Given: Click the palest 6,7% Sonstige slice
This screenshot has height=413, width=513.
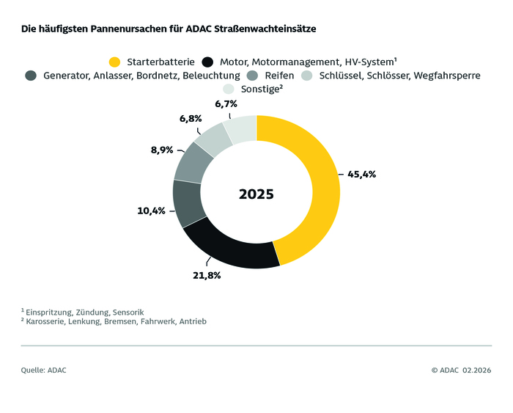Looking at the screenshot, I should pos(241,128).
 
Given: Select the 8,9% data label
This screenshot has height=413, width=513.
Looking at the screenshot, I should pos(161,150).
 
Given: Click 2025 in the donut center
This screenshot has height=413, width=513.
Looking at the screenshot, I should pos(256,194).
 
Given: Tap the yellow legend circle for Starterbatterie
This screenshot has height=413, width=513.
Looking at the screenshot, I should pos(114,62).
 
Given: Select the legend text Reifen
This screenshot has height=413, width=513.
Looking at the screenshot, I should pos(279,76).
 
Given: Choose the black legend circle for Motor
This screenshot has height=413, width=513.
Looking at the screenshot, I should pos(208,62).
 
